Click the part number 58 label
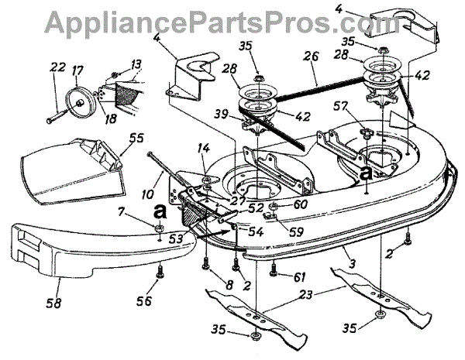pos(55,287)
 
